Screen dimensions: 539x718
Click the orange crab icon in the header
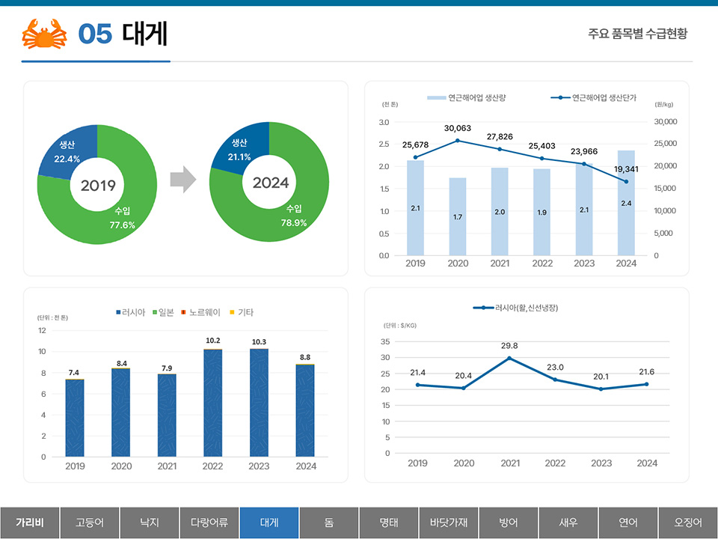coord(46,34)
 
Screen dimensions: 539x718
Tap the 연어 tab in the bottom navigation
coord(628,522)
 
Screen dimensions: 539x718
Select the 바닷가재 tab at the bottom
coord(449,522)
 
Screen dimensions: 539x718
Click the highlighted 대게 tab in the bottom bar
coord(269,522)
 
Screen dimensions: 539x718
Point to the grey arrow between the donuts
coord(182,180)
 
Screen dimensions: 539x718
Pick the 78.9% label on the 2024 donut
coord(294,222)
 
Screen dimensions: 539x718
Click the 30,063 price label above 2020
coord(458,128)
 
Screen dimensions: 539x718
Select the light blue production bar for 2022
coord(541,212)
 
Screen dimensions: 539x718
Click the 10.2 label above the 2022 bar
coord(213,341)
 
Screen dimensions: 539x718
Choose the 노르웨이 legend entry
coord(201,312)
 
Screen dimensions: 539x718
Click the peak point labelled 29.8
coord(509,358)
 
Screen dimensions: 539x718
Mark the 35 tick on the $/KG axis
coord(385,341)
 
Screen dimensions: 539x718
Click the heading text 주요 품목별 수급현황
coord(637,34)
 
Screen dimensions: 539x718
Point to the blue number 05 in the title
coord(95,34)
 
